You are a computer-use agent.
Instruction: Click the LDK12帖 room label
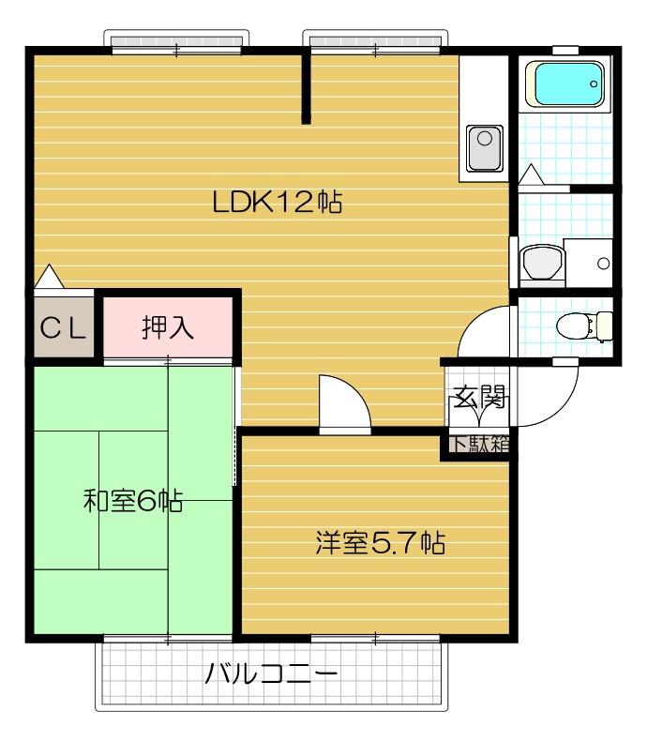coord(276,202)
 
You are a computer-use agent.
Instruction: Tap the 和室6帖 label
coord(132,501)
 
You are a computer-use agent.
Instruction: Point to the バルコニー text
coord(271,674)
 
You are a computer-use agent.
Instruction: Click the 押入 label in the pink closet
coord(168,327)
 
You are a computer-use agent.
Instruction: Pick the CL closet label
coord(63,328)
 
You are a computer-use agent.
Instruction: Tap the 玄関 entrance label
coord(479,398)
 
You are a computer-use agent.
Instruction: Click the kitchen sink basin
coord(485,145)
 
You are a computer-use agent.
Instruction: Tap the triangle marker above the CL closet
coord(48,277)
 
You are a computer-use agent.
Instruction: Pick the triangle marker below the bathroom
coord(530,174)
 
